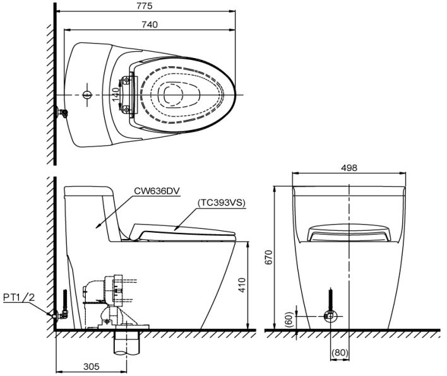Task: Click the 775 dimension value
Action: coord(144,6)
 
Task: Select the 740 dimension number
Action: coord(150,25)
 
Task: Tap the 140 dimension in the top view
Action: coord(115,95)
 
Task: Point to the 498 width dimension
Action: coord(349,168)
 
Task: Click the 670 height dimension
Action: coord(269,257)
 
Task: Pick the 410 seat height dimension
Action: coord(242,285)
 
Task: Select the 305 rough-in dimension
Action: coord(92,367)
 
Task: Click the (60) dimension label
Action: coord(289,320)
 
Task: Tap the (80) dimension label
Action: coord(340,353)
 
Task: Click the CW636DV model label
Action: coord(157,191)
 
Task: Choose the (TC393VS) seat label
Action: coord(221,203)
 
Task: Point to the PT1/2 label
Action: coord(19,297)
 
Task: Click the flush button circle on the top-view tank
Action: coord(87,95)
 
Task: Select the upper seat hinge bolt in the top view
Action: coord(126,81)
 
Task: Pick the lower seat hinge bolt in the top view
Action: coord(126,109)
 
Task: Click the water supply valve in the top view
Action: coord(62,113)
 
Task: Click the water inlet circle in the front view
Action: coord(331,316)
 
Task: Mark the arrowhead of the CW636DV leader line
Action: coord(97,226)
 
